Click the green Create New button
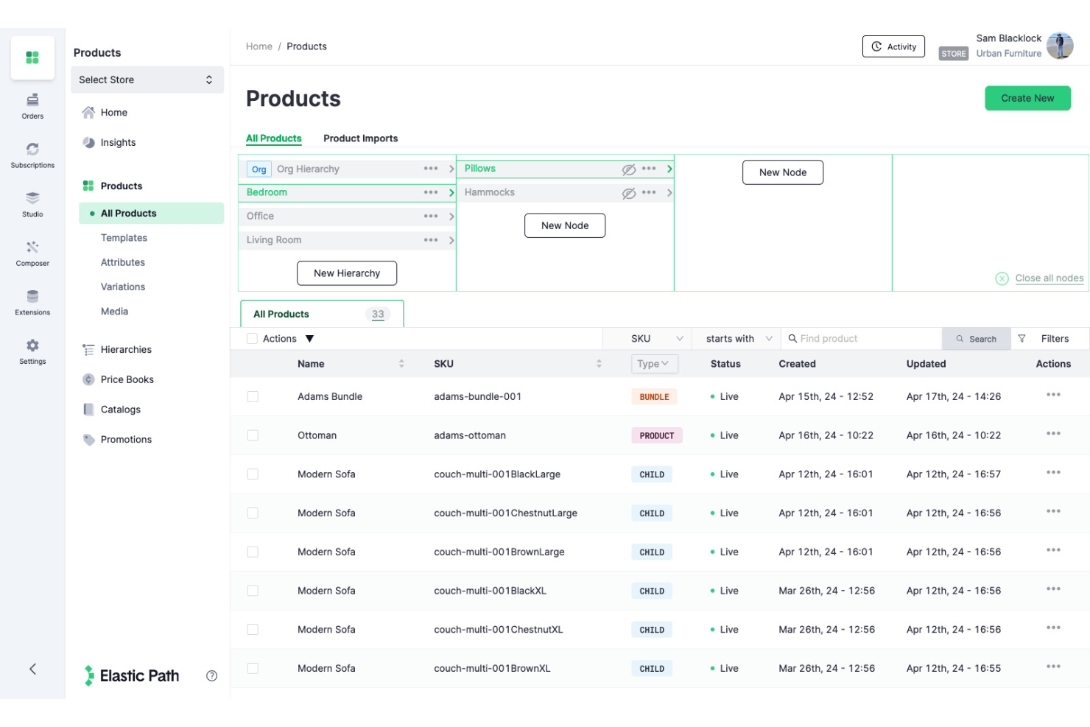click(x=1027, y=98)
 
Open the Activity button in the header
click(x=893, y=46)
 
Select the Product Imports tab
click(x=360, y=138)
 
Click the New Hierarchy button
click(x=347, y=273)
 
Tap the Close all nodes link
click(x=1049, y=278)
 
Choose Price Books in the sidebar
click(x=127, y=379)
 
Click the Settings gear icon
click(x=32, y=345)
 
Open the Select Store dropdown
click(x=147, y=80)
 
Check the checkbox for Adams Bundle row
click(x=253, y=396)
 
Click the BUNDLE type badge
click(x=654, y=397)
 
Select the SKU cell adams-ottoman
click(x=470, y=435)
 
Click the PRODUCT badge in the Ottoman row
click(x=656, y=436)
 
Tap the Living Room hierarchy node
click(x=274, y=240)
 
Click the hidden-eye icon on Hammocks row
click(x=628, y=193)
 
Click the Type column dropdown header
click(x=654, y=364)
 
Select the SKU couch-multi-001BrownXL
click(x=492, y=668)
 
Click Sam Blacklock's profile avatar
click(x=1060, y=46)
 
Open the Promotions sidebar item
click(x=126, y=440)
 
